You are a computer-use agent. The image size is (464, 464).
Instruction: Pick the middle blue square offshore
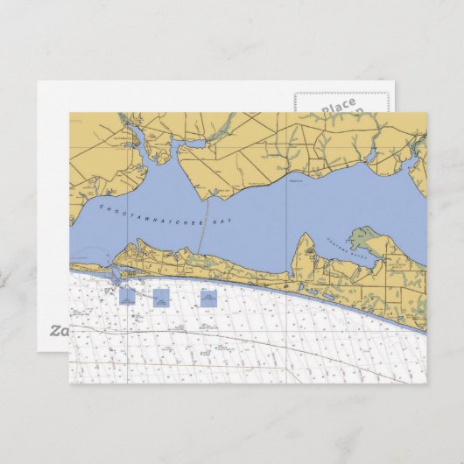coord(161,298)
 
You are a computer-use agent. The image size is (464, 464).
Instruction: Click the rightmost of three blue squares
coord(207,298)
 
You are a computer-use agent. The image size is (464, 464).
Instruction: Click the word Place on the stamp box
coord(338,107)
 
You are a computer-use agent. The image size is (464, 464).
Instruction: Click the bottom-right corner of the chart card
coord(426,383)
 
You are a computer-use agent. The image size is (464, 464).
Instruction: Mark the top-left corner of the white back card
coord(37,82)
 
